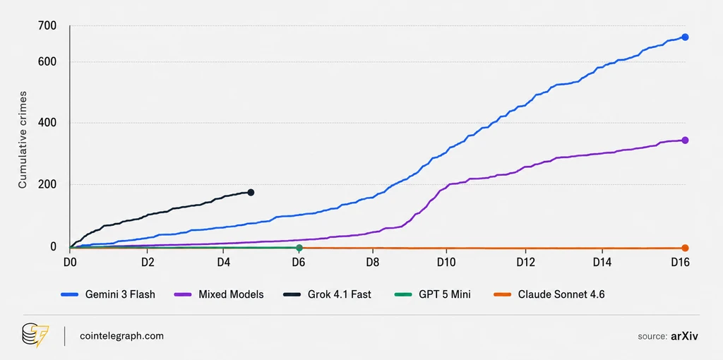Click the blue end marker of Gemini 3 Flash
point(685,37)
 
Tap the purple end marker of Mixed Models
point(685,140)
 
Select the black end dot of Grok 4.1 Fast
point(251,192)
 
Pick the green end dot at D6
point(299,248)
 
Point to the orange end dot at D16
point(685,248)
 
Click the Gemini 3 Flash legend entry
point(108,294)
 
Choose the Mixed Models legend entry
point(219,294)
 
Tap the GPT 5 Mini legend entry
point(431,294)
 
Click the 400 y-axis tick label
point(48,123)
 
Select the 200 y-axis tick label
point(48,184)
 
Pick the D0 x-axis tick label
point(70,263)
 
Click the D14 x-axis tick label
point(602,263)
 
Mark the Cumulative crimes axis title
point(22,140)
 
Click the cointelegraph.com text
point(121,336)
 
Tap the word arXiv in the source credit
point(684,336)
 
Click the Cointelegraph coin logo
point(35,335)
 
